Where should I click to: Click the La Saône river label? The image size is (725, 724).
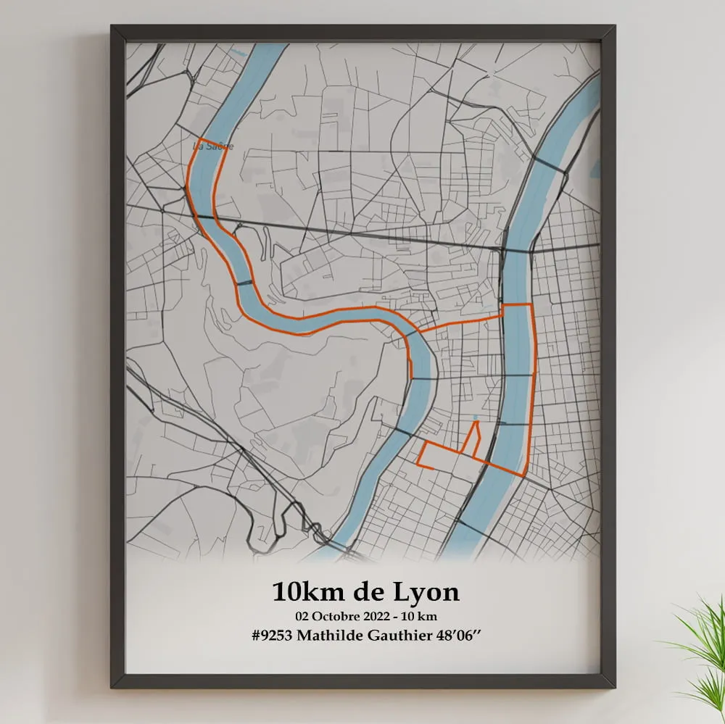pos(212,146)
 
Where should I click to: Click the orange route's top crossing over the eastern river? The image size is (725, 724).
pos(518,305)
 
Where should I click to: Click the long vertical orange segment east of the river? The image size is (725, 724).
pos(533,384)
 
